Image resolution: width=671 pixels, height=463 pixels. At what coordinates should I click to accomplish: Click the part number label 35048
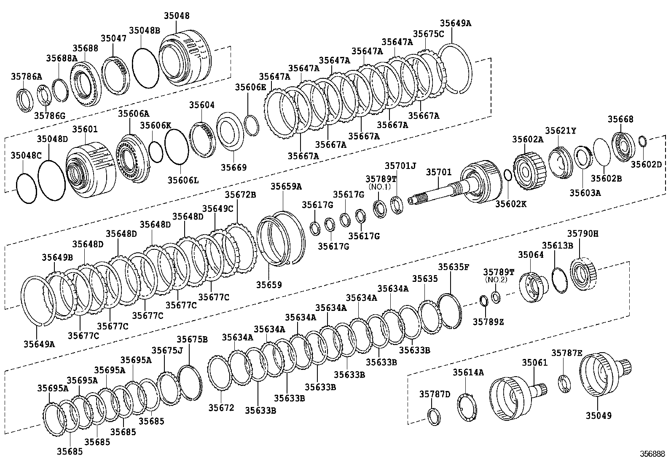[x=177, y=16]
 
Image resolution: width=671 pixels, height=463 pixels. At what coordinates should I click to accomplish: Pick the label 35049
[x=598, y=416]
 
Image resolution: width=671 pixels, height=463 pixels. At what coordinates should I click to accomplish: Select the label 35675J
[x=167, y=350]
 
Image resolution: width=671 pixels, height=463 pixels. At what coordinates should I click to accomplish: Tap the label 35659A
[x=286, y=186]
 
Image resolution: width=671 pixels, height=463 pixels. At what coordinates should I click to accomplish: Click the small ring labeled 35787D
[x=434, y=417]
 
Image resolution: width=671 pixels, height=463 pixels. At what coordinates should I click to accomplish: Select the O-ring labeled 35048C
[x=26, y=188]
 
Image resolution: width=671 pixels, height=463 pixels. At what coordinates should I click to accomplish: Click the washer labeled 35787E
[x=564, y=383]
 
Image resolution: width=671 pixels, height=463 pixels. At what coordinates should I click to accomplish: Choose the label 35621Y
[x=560, y=131]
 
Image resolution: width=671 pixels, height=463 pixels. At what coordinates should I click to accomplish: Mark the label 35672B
[x=240, y=195]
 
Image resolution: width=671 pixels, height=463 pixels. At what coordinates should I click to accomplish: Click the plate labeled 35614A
[x=467, y=406]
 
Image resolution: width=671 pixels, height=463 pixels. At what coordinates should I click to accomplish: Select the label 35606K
[x=156, y=125]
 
